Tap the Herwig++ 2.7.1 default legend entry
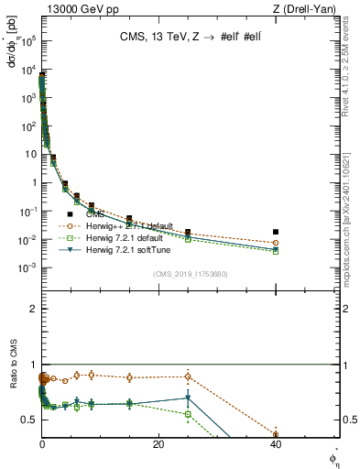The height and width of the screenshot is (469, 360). coord(127,224)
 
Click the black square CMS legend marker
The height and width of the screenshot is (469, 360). coord(70,213)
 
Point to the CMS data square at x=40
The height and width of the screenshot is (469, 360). coord(276,232)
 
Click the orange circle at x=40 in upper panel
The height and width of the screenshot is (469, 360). coord(276,243)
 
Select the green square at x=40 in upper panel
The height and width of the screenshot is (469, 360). coord(276,251)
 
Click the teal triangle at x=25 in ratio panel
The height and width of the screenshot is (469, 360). coord(188,398)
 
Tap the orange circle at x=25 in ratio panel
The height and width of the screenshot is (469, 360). coord(188,376)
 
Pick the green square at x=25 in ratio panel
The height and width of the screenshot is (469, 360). coord(188,414)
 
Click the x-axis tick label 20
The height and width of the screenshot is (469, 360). coord(159,444)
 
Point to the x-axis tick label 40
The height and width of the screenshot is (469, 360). coord(276,444)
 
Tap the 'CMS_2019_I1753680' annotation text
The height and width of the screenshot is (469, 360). coord(190,273)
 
